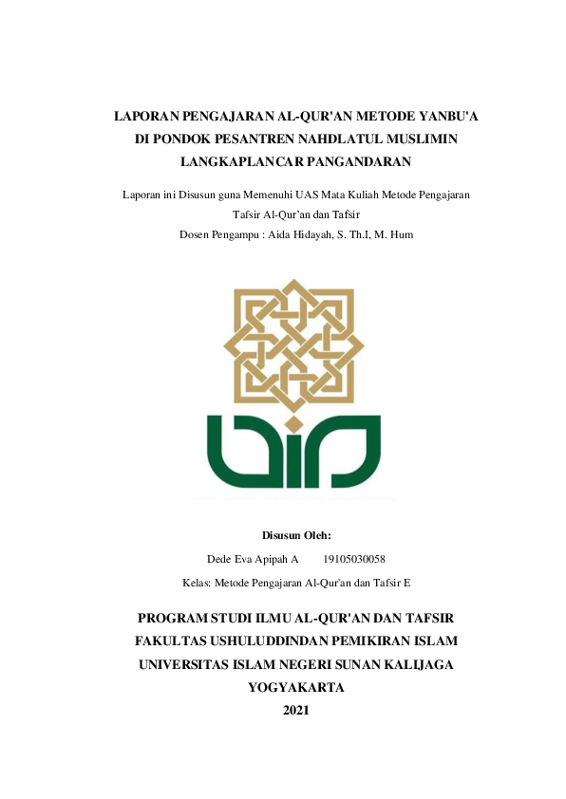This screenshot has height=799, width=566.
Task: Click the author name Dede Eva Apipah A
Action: pos(253,559)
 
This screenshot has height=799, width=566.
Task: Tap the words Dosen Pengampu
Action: pos(215,232)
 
